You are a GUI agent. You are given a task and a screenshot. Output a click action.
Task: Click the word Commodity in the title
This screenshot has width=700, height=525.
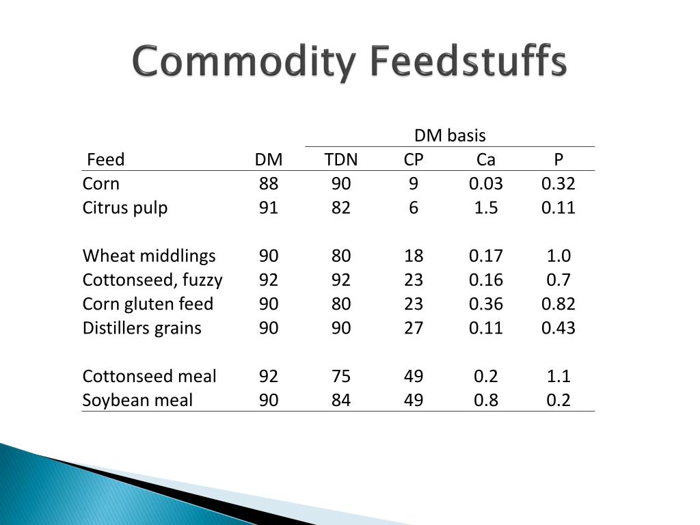[x=243, y=62]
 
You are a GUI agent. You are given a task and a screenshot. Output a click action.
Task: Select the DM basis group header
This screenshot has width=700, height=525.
[x=450, y=136]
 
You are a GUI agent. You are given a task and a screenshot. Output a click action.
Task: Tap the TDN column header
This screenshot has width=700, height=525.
[x=341, y=160]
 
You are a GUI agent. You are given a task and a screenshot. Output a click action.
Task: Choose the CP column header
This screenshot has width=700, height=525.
[x=414, y=160]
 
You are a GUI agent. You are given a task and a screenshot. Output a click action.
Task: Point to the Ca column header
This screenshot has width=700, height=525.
[x=486, y=160]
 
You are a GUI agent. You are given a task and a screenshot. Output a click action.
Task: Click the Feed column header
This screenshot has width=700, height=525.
[x=106, y=160]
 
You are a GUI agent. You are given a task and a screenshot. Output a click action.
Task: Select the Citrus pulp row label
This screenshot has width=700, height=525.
[x=125, y=208]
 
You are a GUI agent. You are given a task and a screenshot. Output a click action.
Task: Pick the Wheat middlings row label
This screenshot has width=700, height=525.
[x=149, y=256]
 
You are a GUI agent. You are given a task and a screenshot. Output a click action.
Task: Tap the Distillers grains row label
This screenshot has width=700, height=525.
[x=142, y=328]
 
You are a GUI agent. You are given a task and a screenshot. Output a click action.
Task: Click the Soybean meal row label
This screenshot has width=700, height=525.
[x=137, y=400]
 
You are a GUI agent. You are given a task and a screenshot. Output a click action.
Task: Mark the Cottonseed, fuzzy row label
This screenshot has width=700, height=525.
[x=152, y=280]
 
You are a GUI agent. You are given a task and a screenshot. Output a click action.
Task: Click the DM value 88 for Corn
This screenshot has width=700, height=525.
[x=269, y=184]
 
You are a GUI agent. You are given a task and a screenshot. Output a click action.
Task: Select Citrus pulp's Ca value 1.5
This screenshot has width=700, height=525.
[x=486, y=208]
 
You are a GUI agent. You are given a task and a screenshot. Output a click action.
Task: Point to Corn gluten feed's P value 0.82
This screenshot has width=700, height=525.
[x=558, y=304]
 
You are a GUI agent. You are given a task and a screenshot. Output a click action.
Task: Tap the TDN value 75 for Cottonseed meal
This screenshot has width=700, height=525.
[x=341, y=376]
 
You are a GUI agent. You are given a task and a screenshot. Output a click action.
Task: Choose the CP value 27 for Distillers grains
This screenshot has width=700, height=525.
[x=414, y=328]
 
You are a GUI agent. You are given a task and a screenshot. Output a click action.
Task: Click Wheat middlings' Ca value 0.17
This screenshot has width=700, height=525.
[x=486, y=256]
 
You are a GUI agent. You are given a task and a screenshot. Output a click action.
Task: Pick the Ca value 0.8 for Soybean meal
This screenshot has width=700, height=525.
[x=486, y=400]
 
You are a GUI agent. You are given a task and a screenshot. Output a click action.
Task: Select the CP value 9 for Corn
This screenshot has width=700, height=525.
[x=414, y=184]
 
